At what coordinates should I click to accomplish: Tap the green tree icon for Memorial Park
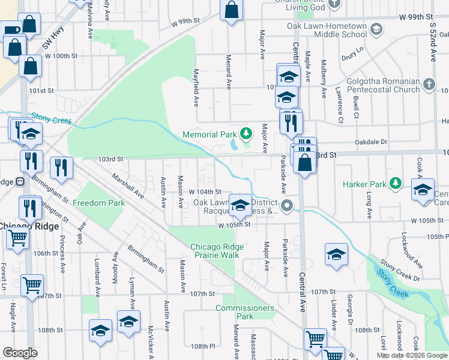coord(245,133)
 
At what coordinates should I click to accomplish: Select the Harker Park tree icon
coord(394,182)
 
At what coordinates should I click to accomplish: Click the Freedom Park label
coord(99,203)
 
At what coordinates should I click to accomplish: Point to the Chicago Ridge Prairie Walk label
coord(217,251)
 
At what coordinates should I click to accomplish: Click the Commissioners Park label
coord(245,312)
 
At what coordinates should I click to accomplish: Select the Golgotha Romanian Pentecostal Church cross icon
coord(429,85)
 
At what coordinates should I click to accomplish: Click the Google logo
coord(20,353)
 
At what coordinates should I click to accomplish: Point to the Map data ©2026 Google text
coord(411,355)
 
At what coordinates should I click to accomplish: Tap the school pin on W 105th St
coord(240,207)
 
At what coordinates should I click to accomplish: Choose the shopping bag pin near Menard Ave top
coord(231,10)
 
